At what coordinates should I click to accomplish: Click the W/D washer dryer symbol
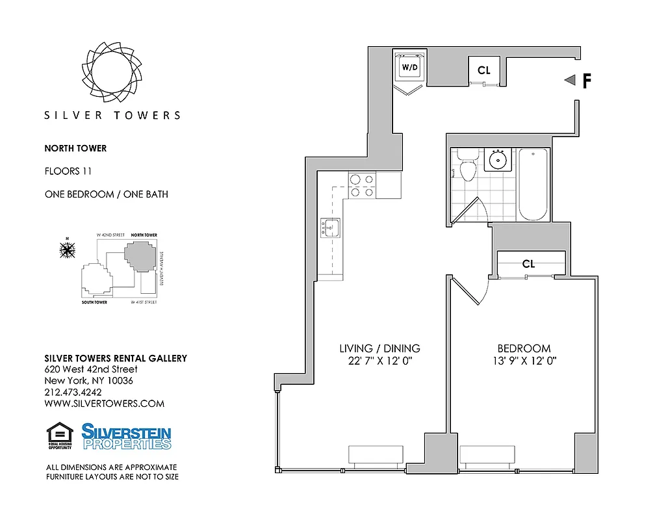point(409,67)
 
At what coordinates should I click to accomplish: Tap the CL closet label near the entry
point(484,70)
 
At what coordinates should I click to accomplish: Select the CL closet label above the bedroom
point(528,264)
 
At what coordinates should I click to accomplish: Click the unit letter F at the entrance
point(587,81)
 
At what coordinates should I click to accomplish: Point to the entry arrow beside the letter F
point(570,80)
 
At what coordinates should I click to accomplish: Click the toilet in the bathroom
point(467,167)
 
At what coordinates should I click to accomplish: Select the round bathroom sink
point(499,159)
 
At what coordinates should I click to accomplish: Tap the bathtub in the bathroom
point(534,184)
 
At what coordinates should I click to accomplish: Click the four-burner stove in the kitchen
point(362,185)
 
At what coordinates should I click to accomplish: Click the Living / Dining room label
point(379,348)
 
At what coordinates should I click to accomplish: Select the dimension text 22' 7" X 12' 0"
point(379,361)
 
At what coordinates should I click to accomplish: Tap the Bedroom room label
point(524,348)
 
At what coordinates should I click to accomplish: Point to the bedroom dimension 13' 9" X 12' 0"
point(524,361)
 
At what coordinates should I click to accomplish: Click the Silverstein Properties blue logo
point(126,436)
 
